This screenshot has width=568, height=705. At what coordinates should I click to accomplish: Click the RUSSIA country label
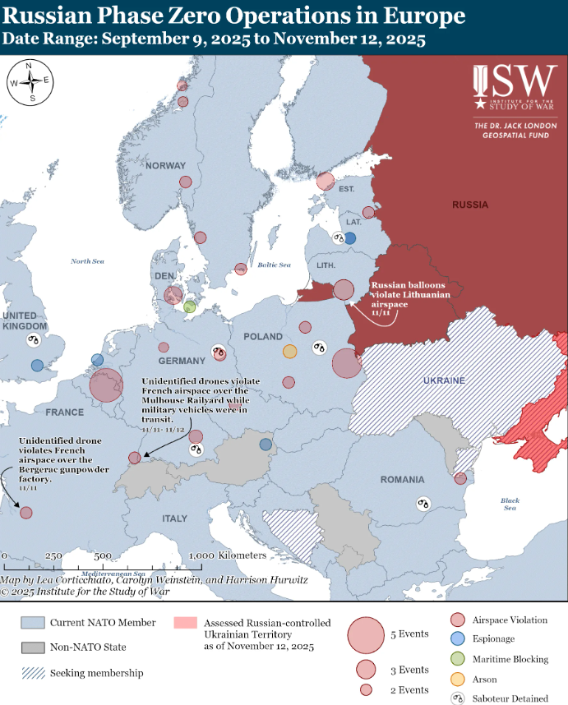coord(469,204)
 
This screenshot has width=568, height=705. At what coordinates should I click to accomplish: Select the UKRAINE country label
coord(444,380)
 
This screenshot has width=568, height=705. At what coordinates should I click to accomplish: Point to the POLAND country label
coord(263,337)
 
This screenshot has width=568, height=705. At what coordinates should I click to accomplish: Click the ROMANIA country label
coord(402,479)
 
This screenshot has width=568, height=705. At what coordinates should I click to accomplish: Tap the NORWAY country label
coord(166,166)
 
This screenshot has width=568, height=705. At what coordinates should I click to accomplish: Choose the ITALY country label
coord(174,518)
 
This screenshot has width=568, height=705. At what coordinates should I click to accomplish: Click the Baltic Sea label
coord(274,265)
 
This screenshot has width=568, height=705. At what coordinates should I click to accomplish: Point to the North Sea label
coord(87,261)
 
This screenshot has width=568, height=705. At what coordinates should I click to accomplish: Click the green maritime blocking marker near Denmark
coord(190,306)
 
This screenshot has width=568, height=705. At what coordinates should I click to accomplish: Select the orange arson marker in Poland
coord(289,352)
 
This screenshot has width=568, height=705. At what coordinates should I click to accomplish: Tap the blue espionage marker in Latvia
coord(350,238)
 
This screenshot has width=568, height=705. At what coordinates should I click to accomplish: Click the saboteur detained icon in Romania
coord(423,503)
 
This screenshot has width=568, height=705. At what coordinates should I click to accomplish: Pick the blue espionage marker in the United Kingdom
coord(37,365)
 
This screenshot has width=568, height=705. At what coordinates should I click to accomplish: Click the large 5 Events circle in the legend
coord(366,635)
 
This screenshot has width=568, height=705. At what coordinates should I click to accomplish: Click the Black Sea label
coord(510,504)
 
